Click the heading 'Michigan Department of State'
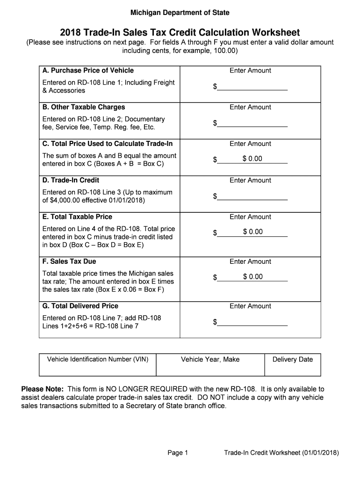(180, 13)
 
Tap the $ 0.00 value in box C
(252, 159)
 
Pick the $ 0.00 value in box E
(252, 232)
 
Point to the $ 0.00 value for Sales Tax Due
(252, 277)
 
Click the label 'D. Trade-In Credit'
(71, 180)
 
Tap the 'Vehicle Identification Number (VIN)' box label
(98, 359)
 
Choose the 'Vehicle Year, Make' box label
(210, 359)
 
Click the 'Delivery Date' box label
(293, 359)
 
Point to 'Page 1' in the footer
(177, 453)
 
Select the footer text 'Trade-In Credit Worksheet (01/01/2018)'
(281, 453)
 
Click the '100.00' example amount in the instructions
(223, 50)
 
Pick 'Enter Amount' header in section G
(250, 306)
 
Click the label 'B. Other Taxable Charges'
(84, 107)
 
